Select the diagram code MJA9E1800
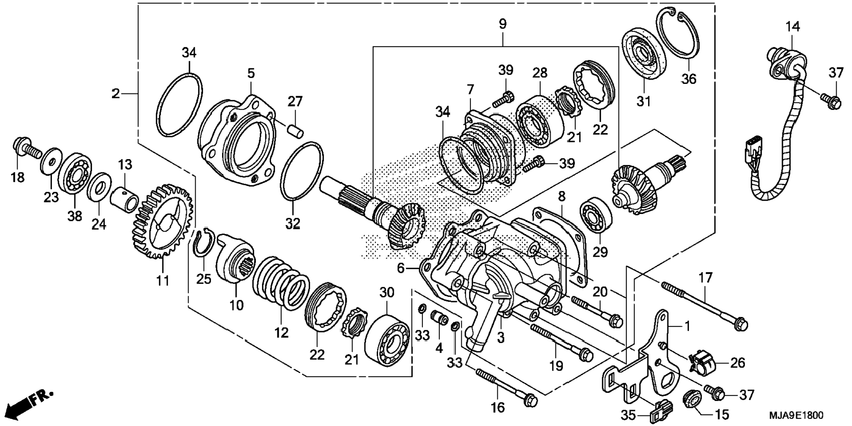(x=796, y=415)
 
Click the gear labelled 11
(x=162, y=221)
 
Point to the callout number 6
(x=400, y=268)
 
